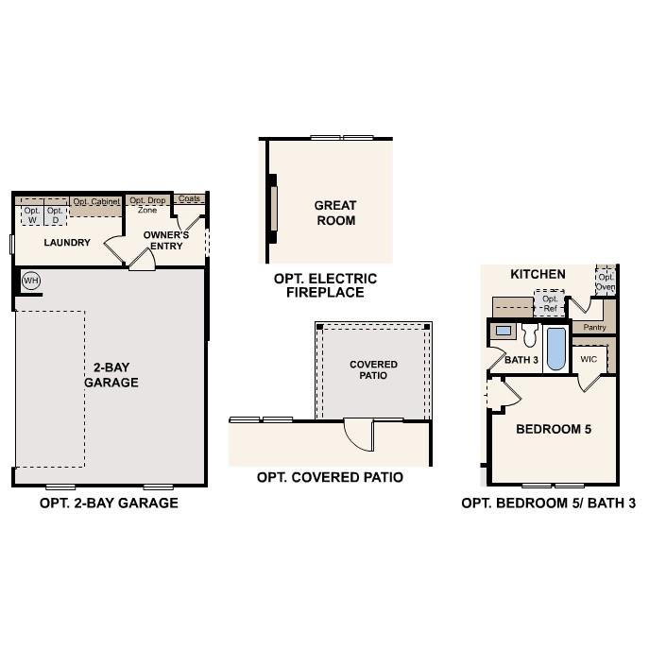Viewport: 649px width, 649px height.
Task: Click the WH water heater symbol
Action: click(30, 281)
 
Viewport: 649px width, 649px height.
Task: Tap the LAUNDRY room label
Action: click(67, 243)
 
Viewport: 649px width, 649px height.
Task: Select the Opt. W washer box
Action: click(32, 215)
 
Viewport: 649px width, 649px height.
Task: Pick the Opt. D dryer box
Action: click(56, 215)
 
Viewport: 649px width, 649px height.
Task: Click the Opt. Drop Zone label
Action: click(147, 205)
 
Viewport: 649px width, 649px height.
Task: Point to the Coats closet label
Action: click(190, 199)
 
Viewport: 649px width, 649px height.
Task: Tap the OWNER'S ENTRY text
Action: click(166, 240)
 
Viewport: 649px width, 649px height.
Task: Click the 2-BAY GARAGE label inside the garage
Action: click(111, 375)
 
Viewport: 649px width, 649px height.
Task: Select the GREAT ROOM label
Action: click(335, 213)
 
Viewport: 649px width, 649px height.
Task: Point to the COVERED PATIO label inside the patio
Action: click(374, 369)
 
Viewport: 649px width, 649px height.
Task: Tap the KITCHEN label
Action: click(538, 274)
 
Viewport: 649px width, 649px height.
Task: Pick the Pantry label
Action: click(594, 327)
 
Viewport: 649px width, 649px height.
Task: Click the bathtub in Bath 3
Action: click(555, 349)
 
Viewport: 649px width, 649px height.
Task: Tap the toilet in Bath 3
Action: click(529, 334)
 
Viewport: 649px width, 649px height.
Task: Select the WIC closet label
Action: click(589, 359)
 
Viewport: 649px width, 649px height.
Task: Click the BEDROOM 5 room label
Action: click(554, 429)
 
